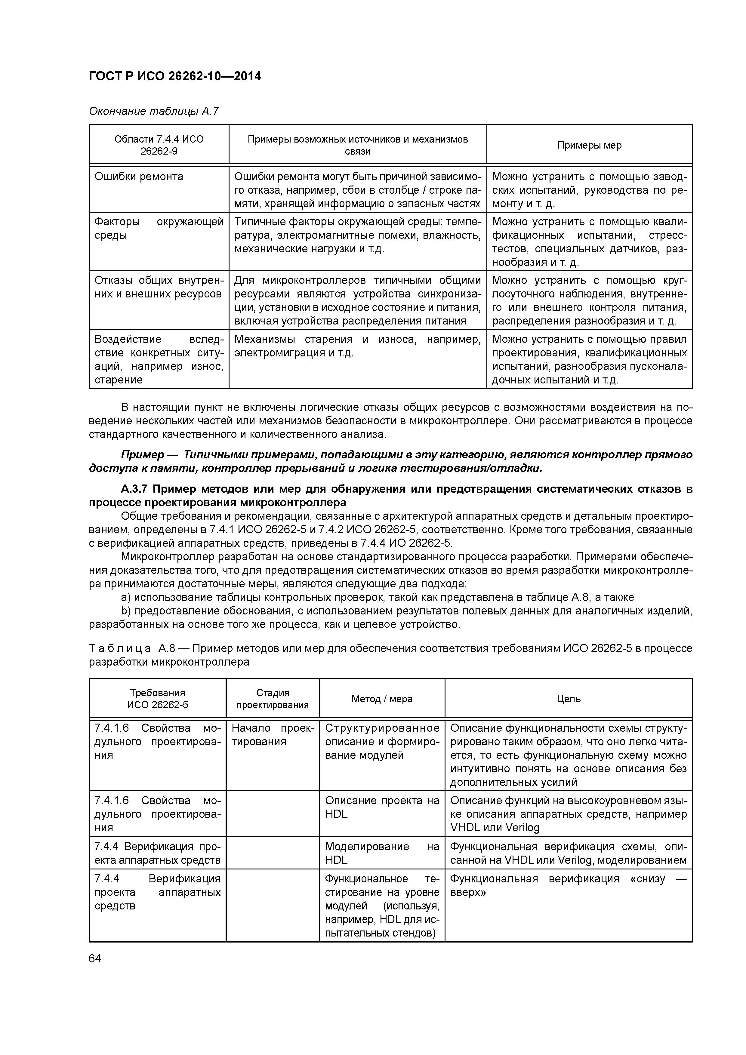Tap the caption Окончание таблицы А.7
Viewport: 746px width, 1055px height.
tap(153, 111)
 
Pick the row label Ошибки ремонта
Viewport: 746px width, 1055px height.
tap(138, 177)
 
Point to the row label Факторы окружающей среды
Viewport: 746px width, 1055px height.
tap(158, 228)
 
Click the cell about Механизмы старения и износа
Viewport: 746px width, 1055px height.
tap(357, 346)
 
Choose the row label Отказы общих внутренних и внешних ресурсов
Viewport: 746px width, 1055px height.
tap(158, 287)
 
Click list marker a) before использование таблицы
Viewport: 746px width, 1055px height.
tap(125, 597)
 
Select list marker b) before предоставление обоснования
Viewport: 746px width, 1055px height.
tap(125, 611)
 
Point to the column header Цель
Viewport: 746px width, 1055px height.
tap(568, 699)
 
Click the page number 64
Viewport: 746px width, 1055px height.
tap(95, 958)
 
